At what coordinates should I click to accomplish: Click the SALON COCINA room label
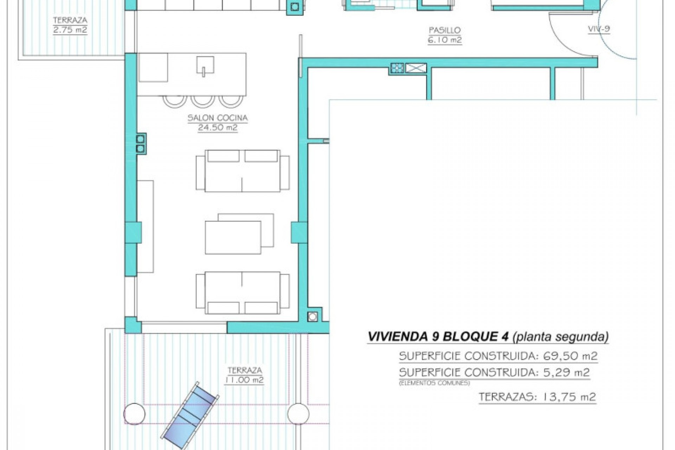point(217,118)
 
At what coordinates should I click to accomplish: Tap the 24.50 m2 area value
point(217,128)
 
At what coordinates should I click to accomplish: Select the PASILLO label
point(444,30)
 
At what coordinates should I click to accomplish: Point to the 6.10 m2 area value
point(444,40)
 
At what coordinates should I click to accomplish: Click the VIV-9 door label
point(599,30)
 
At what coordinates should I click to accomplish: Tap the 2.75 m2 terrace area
point(70,30)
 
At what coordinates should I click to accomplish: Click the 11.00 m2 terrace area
point(244,380)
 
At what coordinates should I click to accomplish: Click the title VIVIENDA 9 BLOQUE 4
point(438,337)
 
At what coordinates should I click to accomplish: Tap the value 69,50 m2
point(570,356)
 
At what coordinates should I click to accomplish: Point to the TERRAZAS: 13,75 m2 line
point(537,397)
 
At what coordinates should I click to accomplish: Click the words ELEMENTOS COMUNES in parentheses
point(435,383)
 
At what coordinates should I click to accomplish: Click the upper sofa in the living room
point(242,171)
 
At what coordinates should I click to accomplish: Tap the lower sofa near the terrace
point(242,293)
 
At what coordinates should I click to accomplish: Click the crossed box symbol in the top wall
point(416,68)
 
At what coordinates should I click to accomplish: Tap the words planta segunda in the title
point(560,337)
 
